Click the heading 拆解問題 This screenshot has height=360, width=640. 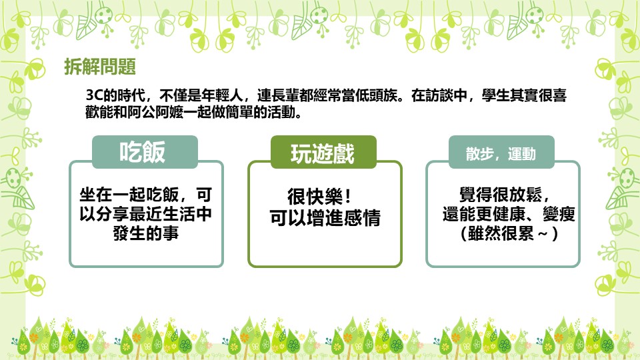point(100,67)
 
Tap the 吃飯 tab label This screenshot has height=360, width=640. point(143,152)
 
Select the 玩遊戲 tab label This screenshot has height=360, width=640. point(323,154)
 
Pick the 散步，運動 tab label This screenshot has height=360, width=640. point(501,154)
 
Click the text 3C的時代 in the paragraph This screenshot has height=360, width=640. point(115,95)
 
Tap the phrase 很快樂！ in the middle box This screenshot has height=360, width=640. point(319,197)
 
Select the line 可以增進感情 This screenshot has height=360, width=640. point(325,217)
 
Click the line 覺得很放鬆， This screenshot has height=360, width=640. point(505,194)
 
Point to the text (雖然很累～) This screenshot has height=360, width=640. point(509,233)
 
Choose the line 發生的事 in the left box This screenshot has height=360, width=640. point(146,233)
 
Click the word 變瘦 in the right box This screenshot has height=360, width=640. point(559,214)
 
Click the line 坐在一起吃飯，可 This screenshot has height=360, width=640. point(146,194)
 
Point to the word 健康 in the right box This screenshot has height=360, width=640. point(509,214)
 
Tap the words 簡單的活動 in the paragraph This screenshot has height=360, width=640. point(261,112)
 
